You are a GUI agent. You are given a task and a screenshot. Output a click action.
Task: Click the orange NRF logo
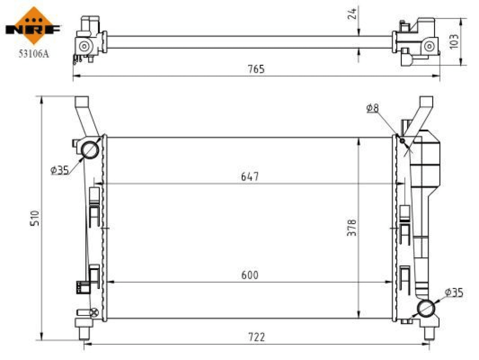[x=34, y=26]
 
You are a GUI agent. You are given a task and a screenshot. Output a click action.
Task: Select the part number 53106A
[x=34, y=54]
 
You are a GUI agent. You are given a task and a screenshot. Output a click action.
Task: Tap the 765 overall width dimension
[x=256, y=69]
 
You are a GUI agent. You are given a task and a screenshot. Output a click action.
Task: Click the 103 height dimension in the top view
[x=454, y=41]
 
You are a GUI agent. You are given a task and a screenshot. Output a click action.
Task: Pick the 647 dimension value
[x=250, y=176]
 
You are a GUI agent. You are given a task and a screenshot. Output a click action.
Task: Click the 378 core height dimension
[x=352, y=227]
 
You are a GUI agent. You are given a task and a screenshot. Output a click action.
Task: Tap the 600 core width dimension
[x=250, y=275]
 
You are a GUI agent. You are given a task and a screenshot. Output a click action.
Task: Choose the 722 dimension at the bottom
[x=256, y=337]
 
